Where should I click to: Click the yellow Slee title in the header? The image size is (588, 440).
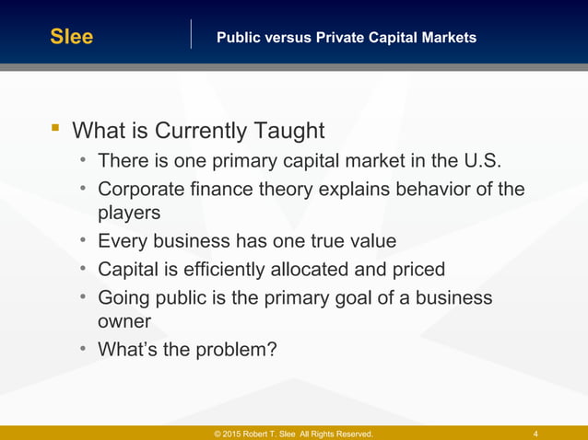pos(72,38)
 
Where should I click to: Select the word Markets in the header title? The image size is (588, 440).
pos(447,38)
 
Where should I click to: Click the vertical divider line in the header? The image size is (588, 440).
pos(191,34)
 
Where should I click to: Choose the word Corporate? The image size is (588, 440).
pos(141,190)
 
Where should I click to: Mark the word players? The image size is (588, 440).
pos(129,214)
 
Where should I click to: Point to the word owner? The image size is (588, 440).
pos(124,322)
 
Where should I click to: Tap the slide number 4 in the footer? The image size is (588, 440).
pos(536,434)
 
